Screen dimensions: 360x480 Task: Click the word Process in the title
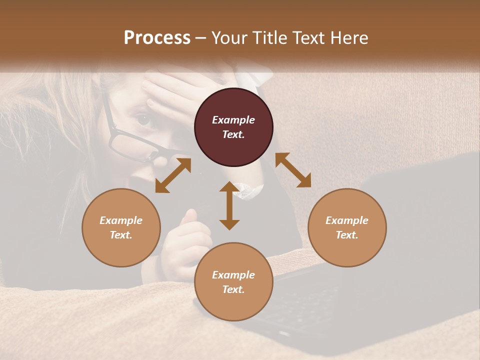coord(157,38)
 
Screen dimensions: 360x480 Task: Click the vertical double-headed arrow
coord(229,205)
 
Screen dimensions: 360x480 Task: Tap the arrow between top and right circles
coord(293,170)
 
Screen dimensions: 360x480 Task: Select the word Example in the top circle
coord(233,120)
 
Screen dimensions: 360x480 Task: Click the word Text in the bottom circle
coord(233,289)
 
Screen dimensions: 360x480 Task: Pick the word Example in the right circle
coord(347,220)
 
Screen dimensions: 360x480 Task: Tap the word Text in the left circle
coord(121,235)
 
